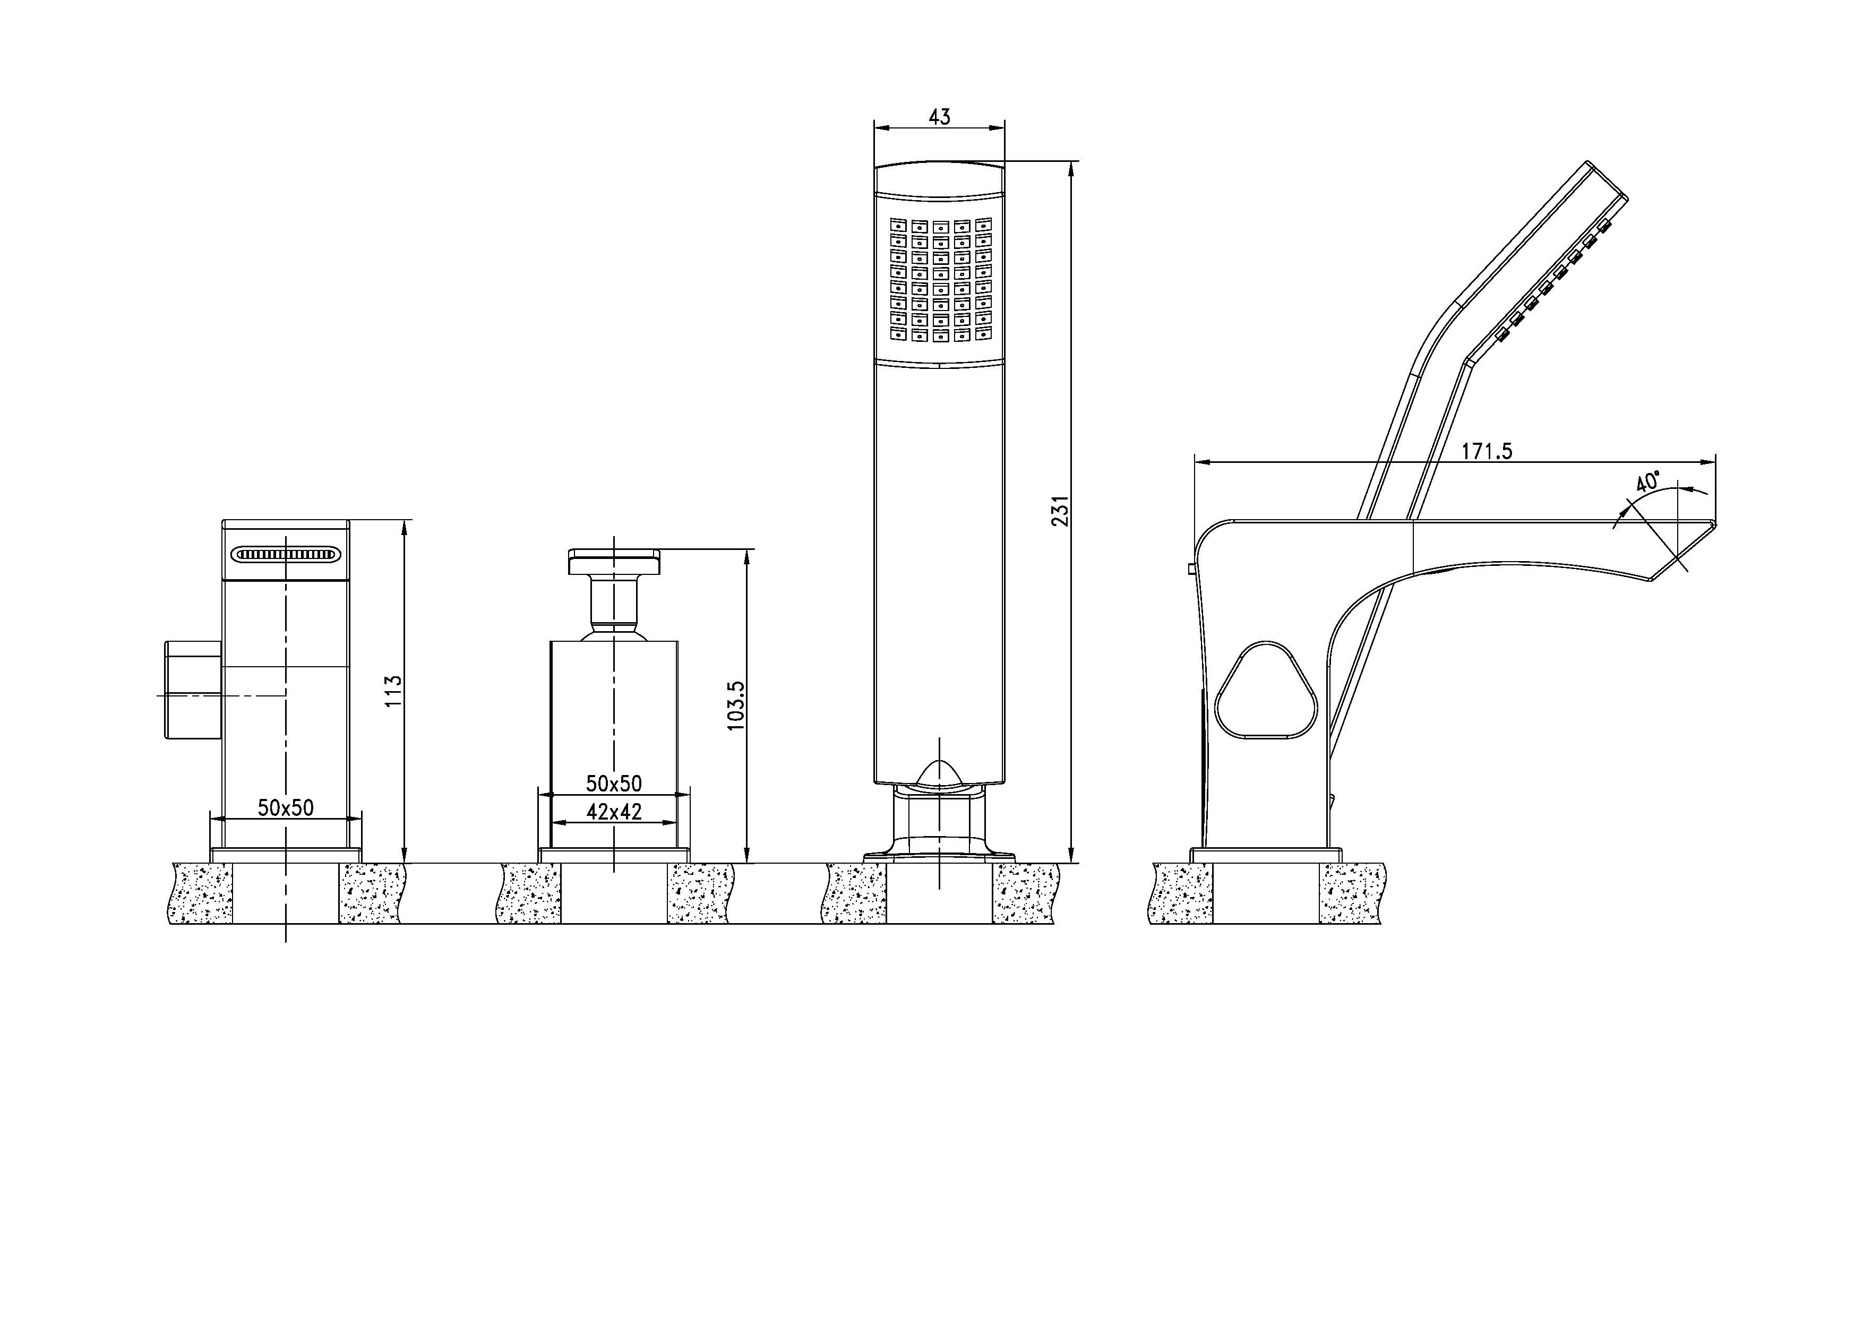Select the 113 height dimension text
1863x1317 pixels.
point(393,691)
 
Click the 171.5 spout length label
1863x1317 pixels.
point(1487,452)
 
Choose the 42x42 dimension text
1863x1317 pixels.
point(614,812)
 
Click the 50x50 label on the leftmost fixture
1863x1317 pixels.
point(286,807)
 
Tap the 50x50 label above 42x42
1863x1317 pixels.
point(614,783)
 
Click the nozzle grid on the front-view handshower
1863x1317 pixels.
point(940,278)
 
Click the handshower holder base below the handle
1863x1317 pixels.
point(939,828)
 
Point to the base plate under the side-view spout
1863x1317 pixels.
point(1266,855)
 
